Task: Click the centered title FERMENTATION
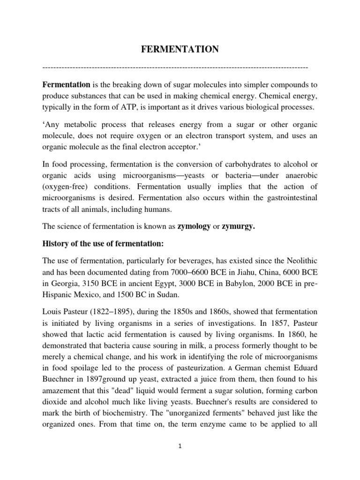coord(180,50)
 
